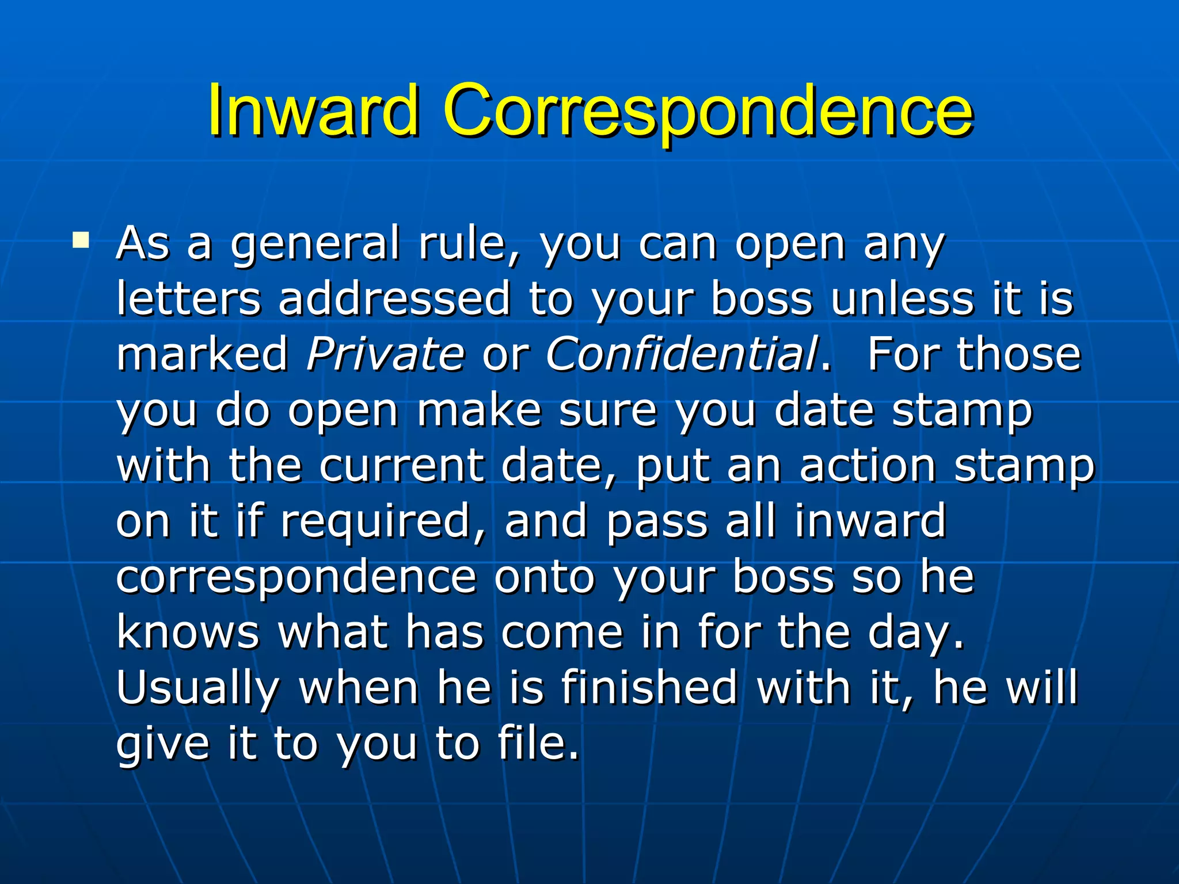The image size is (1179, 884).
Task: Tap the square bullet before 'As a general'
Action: (81, 239)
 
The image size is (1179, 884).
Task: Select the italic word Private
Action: (385, 353)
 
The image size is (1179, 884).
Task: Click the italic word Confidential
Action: (682, 353)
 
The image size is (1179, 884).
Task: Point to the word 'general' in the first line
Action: (315, 245)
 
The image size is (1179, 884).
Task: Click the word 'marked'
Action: (202, 353)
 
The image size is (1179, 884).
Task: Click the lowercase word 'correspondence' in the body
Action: (296, 577)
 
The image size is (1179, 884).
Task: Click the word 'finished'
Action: (649, 687)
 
